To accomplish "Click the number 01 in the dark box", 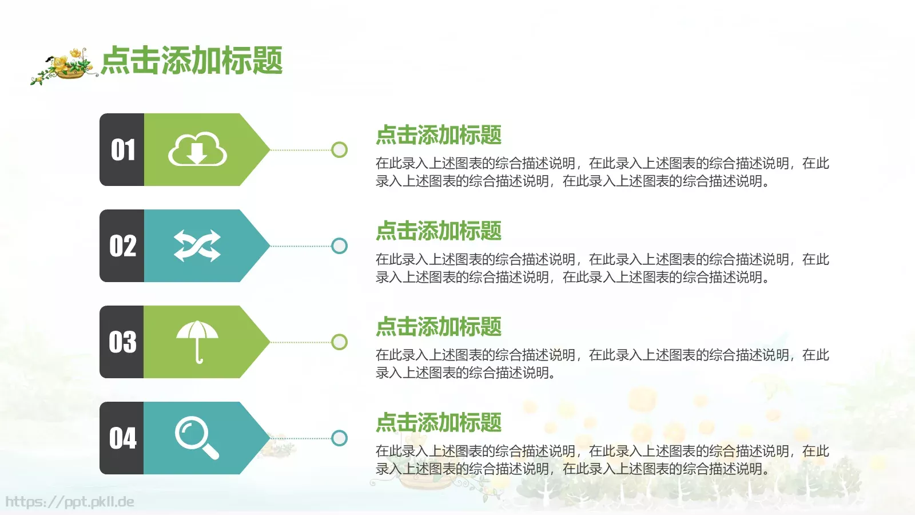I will coord(122,150).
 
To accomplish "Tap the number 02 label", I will coord(122,246).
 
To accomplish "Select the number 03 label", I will coord(122,342).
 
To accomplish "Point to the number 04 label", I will coord(122,438).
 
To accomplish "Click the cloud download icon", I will coord(197,150).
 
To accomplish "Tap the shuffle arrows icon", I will coord(197,246).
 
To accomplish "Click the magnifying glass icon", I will coord(196,438).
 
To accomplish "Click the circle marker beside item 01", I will coord(339,150).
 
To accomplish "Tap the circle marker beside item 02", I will coord(339,246).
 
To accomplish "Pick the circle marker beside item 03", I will coord(339,342).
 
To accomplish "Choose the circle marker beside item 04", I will coord(339,438).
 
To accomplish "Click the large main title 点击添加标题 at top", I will coord(192,61).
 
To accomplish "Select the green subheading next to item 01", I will coord(438,135).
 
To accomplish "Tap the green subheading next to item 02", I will coord(438,231).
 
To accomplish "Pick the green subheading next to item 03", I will coord(438,327).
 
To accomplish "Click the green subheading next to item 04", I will coord(438,423).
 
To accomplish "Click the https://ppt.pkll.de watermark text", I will coord(70,502).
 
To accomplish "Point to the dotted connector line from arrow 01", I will coord(300,150).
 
